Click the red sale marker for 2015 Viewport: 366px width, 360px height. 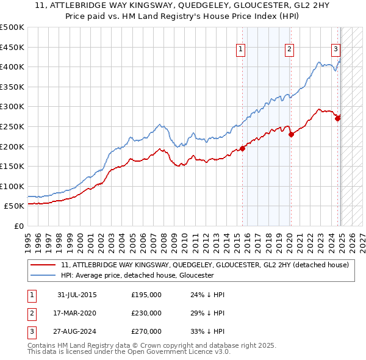(242, 148)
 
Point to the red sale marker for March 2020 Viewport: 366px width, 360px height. (291, 134)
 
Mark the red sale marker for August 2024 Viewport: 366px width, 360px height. (338, 118)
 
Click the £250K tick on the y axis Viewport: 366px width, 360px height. (12, 126)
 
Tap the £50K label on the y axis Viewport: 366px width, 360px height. (14, 206)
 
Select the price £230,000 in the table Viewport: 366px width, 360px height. (146, 313)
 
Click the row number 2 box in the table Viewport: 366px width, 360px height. (30, 313)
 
